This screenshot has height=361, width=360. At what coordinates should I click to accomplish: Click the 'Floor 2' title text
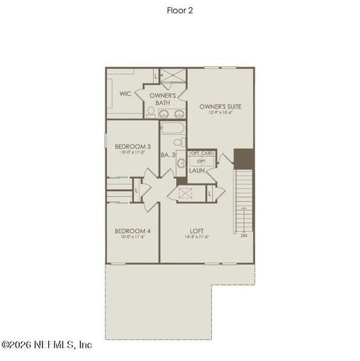click(180, 10)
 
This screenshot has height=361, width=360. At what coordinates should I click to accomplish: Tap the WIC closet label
click(125, 94)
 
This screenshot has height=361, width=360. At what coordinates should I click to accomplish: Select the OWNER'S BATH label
click(163, 99)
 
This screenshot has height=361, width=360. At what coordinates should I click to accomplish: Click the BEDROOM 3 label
click(132, 146)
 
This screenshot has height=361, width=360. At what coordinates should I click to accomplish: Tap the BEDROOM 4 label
click(132, 231)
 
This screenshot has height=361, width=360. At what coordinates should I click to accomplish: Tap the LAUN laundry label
click(196, 171)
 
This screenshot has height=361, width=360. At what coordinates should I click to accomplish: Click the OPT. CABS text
click(200, 154)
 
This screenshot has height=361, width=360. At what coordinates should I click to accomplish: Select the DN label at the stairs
click(244, 236)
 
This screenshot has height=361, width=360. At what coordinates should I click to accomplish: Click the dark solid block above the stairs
click(244, 159)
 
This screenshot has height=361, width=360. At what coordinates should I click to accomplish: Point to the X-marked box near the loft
click(185, 193)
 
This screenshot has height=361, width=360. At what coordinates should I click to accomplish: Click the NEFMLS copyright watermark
click(46, 345)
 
